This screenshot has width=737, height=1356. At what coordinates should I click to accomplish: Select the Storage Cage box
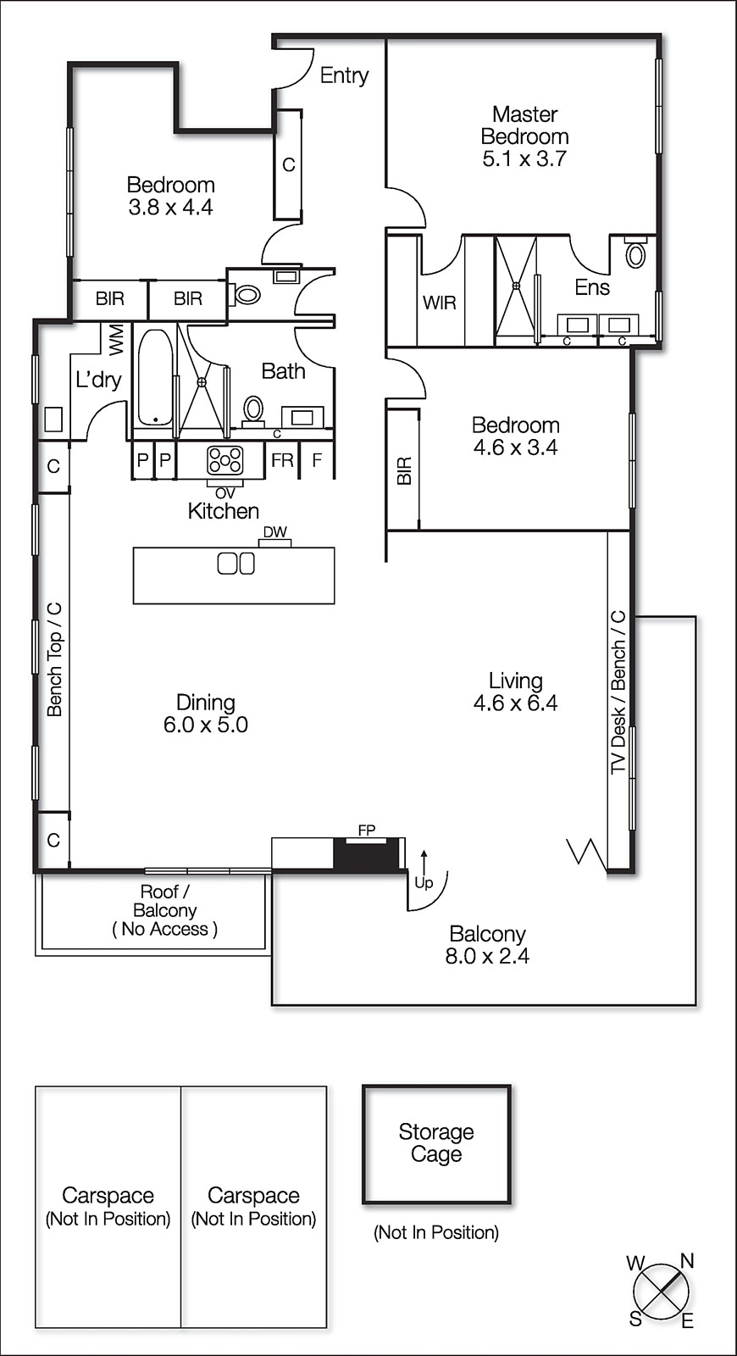pos(436,1144)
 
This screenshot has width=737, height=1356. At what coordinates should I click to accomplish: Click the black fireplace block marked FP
pos(366,853)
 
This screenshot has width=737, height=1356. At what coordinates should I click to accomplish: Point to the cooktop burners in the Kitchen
pos(225,460)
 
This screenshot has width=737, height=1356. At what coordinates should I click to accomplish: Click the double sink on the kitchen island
pos(236,563)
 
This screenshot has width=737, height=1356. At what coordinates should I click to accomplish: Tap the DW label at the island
pos(274,532)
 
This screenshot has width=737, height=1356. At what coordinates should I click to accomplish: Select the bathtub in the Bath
pos(153,378)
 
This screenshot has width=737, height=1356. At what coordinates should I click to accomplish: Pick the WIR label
pos(439,303)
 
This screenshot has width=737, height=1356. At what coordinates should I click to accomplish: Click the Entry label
pos(344,75)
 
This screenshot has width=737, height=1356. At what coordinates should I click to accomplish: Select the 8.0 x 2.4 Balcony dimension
pos(487,956)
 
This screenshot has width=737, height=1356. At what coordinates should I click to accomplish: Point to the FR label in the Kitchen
pos(281,461)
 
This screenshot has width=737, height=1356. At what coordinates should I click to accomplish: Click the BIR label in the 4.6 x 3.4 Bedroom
pos(404,471)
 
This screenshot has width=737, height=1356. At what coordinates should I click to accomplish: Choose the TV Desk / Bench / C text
pos(618,692)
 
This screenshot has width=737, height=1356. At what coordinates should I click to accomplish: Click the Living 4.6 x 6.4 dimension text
pos(515,703)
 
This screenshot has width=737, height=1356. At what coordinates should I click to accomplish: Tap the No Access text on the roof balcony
pos(164,929)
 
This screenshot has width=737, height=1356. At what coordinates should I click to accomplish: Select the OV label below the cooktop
pos(224,492)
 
